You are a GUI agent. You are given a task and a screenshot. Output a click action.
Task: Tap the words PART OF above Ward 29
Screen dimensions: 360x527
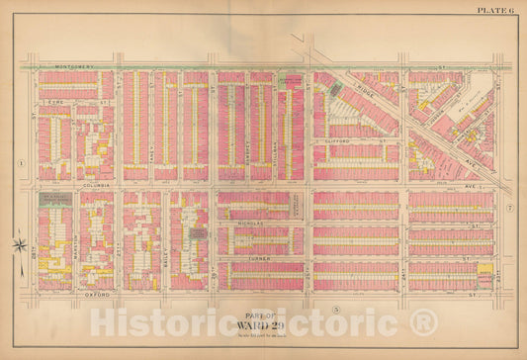262,315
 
